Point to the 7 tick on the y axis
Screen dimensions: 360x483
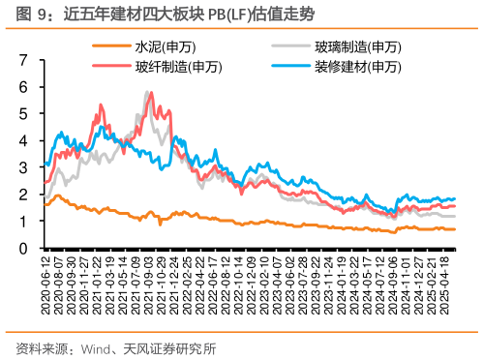coord(23,60)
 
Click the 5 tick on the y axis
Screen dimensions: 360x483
coord(23,113)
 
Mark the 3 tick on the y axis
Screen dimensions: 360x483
coord(23,167)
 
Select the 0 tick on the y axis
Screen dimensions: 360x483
coord(23,249)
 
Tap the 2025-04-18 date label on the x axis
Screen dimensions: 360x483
coord(446,284)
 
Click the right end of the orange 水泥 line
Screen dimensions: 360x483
coord(455,229)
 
